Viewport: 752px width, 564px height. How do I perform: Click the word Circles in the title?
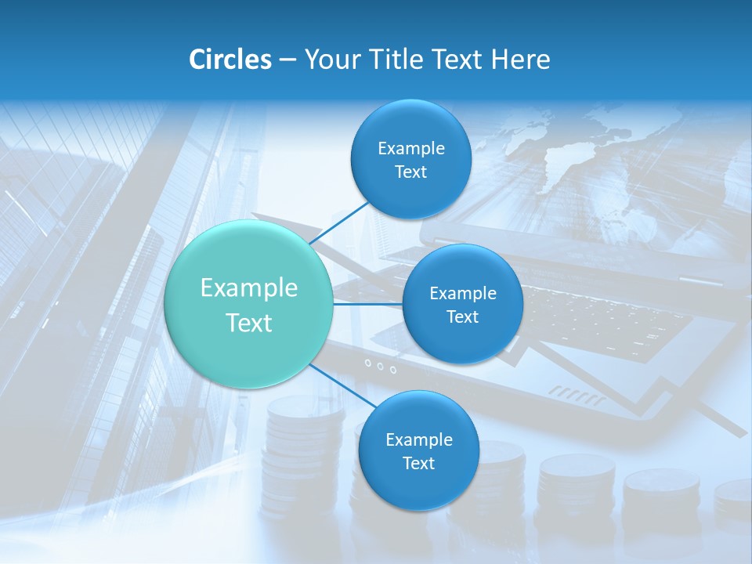(x=230, y=60)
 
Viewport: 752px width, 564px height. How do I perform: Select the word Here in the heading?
(x=520, y=60)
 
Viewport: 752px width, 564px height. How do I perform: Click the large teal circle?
(x=249, y=305)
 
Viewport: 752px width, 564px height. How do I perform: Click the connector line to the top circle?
(x=339, y=222)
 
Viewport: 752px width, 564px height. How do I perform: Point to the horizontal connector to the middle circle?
(x=367, y=304)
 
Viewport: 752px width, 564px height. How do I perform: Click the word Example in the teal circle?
(x=249, y=288)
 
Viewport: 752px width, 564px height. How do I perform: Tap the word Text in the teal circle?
(x=249, y=323)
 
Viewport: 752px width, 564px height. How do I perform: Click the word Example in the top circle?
(x=410, y=149)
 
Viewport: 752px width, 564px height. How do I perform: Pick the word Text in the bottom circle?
(x=418, y=464)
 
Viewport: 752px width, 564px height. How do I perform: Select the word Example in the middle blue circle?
(x=462, y=294)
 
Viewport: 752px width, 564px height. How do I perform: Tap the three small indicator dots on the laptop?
(x=380, y=366)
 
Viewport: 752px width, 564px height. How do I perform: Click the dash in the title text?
(x=287, y=60)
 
